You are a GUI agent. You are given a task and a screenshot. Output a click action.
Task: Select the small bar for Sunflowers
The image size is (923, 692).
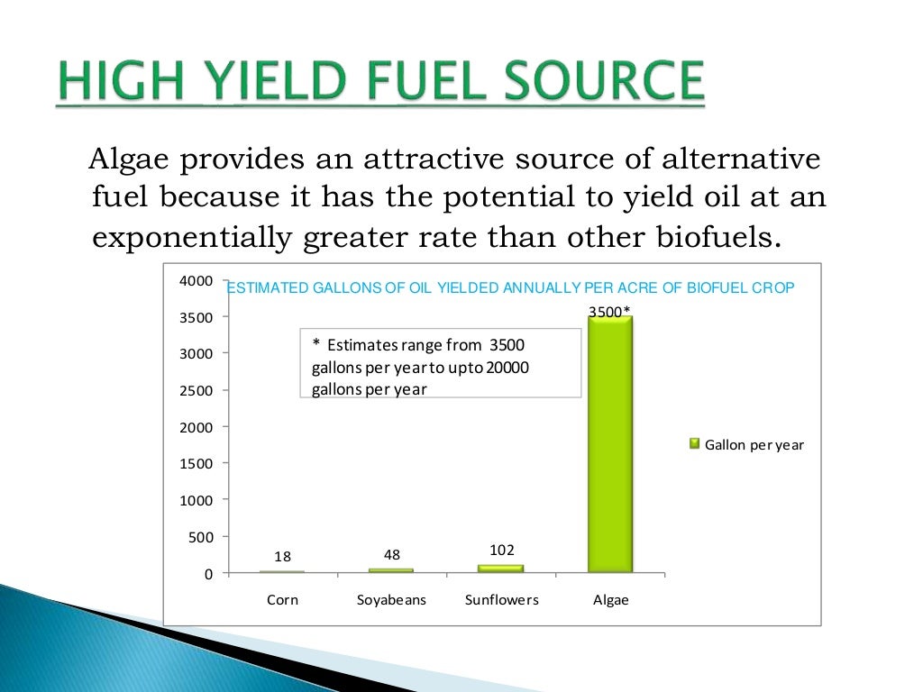[x=500, y=569]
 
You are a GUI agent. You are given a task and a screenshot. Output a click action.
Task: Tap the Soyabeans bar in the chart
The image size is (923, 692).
[x=391, y=570]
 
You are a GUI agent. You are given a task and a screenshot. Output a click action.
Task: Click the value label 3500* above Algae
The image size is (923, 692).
[x=609, y=312]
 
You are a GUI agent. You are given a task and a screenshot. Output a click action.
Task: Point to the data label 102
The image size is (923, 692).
[x=501, y=550]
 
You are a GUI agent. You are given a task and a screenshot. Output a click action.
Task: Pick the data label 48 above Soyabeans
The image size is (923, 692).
[x=391, y=554]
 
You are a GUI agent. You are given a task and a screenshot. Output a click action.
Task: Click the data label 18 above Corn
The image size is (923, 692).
[x=282, y=557]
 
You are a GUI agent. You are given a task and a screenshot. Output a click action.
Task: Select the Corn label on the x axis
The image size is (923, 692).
[x=282, y=599]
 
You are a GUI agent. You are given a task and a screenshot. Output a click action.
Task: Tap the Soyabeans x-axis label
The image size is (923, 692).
[x=391, y=599]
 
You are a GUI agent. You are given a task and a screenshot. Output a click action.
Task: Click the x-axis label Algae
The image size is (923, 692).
[x=610, y=599]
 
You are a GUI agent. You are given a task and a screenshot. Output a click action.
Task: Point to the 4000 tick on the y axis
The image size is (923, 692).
[x=196, y=281]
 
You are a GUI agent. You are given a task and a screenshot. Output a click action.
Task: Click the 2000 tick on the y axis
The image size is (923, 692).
[x=196, y=427]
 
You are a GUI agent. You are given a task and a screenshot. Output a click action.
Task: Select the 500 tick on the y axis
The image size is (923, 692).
[x=201, y=537]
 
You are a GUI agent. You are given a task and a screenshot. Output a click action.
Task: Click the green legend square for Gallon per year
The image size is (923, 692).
[x=694, y=443]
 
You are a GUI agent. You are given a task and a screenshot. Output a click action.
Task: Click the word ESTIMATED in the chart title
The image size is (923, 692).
[x=267, y=288]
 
